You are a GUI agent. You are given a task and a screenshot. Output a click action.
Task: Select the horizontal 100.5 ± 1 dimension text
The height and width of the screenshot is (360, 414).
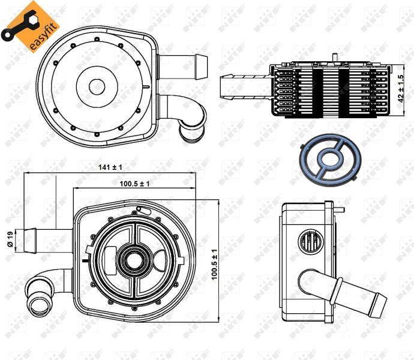pos(134,184)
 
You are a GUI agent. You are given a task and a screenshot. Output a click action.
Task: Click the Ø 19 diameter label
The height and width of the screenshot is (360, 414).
pos(10,239)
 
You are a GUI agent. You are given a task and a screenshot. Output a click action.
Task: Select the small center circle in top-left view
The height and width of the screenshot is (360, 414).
pos(97,86)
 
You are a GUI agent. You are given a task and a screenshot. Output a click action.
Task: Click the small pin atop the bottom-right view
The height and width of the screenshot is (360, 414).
pos(341,209)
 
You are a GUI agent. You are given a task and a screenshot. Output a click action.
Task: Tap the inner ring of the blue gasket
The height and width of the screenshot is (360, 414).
pos(329,159)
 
